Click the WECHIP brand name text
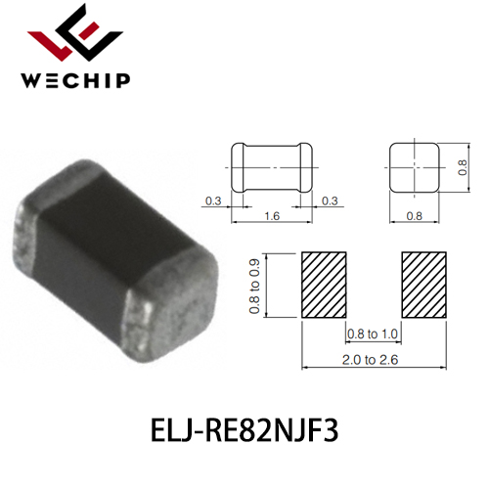point(75,80)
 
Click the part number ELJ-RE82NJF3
point(244,430)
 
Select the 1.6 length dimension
point(272,216)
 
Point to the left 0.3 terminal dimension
point(213,200)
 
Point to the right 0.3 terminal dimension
point(330,200)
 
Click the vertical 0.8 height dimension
point(463,167)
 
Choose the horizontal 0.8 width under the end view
point(415,216)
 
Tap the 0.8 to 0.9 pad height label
point(254,286)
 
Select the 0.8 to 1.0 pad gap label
point(373,333)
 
